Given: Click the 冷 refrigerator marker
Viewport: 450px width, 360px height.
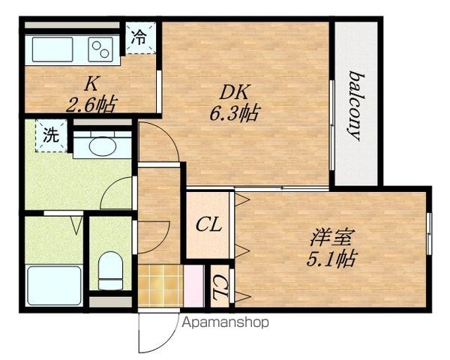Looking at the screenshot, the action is tap(139, 37).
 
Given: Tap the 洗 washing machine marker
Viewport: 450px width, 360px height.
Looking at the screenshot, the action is tap(51, 135).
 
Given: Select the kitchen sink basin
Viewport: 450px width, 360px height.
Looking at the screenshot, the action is tap(52, 49).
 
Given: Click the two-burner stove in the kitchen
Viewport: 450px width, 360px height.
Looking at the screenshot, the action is tap(100, 49).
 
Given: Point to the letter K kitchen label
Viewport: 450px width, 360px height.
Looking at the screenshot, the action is tap(91, 84).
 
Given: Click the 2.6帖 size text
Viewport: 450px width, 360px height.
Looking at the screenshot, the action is tap(91, 104).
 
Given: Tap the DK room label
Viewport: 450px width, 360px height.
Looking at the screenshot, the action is tap(235, 92).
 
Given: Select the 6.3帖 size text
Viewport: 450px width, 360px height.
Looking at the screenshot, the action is tap(235, 112).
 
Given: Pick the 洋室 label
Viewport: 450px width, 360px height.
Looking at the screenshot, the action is tap(331, 237).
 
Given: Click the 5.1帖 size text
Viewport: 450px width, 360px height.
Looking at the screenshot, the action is tap(331, 259).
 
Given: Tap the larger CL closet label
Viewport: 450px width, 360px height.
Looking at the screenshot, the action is tap(208, 225).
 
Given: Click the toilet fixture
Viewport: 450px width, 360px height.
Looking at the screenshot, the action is tap(110, 271).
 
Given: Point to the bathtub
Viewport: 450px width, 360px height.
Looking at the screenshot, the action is tap(54, 286).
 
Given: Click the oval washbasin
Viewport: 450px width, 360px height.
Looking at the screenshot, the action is tap(103, 146).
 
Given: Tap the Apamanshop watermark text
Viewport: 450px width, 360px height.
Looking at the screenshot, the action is tap(226, 322).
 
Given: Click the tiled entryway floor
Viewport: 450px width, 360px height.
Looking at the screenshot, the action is tap(160, 286).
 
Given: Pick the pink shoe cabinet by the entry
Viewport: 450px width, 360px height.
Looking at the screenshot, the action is tap(193, 286).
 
